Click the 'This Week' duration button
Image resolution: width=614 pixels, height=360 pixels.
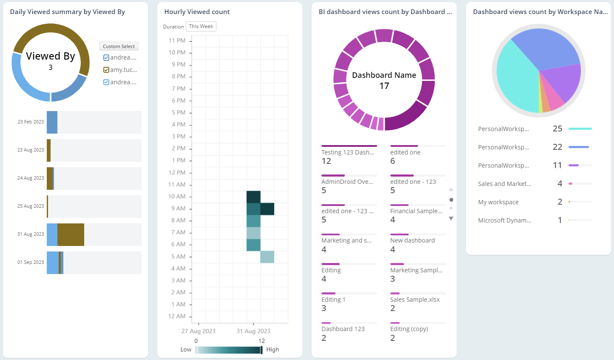201,26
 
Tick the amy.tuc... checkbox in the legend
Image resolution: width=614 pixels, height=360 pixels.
106,70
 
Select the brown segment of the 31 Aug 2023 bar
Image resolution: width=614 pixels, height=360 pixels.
71,234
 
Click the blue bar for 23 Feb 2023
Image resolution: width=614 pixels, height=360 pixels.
52,122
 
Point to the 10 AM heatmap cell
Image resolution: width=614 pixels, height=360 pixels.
253,197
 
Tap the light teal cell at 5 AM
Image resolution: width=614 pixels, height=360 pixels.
267,257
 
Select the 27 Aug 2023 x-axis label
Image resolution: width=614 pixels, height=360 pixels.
198,331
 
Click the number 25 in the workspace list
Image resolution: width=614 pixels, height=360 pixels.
557,129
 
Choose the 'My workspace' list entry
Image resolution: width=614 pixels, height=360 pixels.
498,202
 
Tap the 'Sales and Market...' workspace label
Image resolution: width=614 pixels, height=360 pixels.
504,184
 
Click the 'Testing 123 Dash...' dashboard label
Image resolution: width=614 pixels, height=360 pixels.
347,152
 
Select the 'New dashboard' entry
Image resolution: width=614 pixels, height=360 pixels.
412,240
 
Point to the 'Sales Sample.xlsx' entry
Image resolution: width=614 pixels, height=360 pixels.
415,300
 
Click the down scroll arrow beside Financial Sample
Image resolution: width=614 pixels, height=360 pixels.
451,218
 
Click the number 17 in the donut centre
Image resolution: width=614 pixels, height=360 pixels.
384,86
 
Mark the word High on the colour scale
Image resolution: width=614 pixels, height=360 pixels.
273,349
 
